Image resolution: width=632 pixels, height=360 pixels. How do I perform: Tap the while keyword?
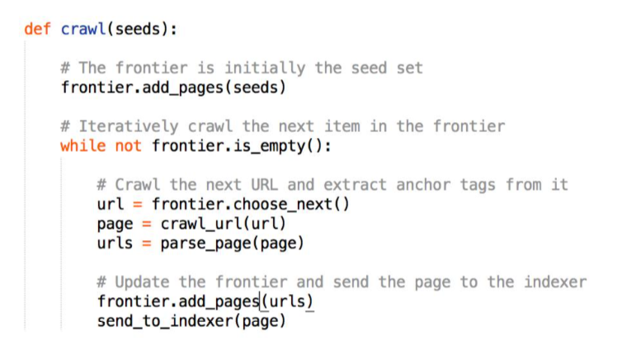click(x=83, y=146)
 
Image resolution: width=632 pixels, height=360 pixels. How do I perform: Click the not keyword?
click(x=129, y=146)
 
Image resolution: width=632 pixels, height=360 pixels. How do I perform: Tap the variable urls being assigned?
click(x=115, y=243)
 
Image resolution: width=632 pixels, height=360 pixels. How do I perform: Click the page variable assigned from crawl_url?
click(x=115, y=224)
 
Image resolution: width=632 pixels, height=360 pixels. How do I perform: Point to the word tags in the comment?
click(x=478, y=185)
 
